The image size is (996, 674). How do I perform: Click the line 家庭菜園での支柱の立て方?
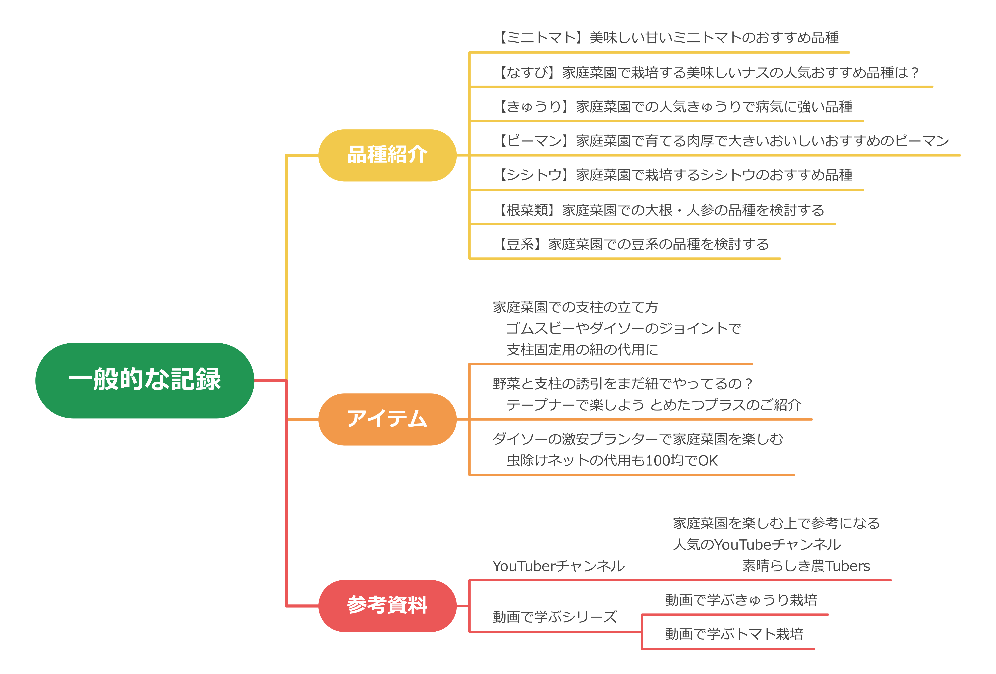(575, 307)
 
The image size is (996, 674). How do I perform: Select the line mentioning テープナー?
(654, 405)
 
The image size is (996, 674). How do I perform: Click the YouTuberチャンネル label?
(559, 566)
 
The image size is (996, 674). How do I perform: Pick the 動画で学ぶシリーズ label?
(554, 617)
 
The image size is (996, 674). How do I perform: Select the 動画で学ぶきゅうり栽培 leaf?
(741, 600)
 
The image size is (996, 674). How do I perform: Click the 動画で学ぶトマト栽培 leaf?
(734, 634)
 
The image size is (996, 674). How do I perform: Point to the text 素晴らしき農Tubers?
(806, 566)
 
